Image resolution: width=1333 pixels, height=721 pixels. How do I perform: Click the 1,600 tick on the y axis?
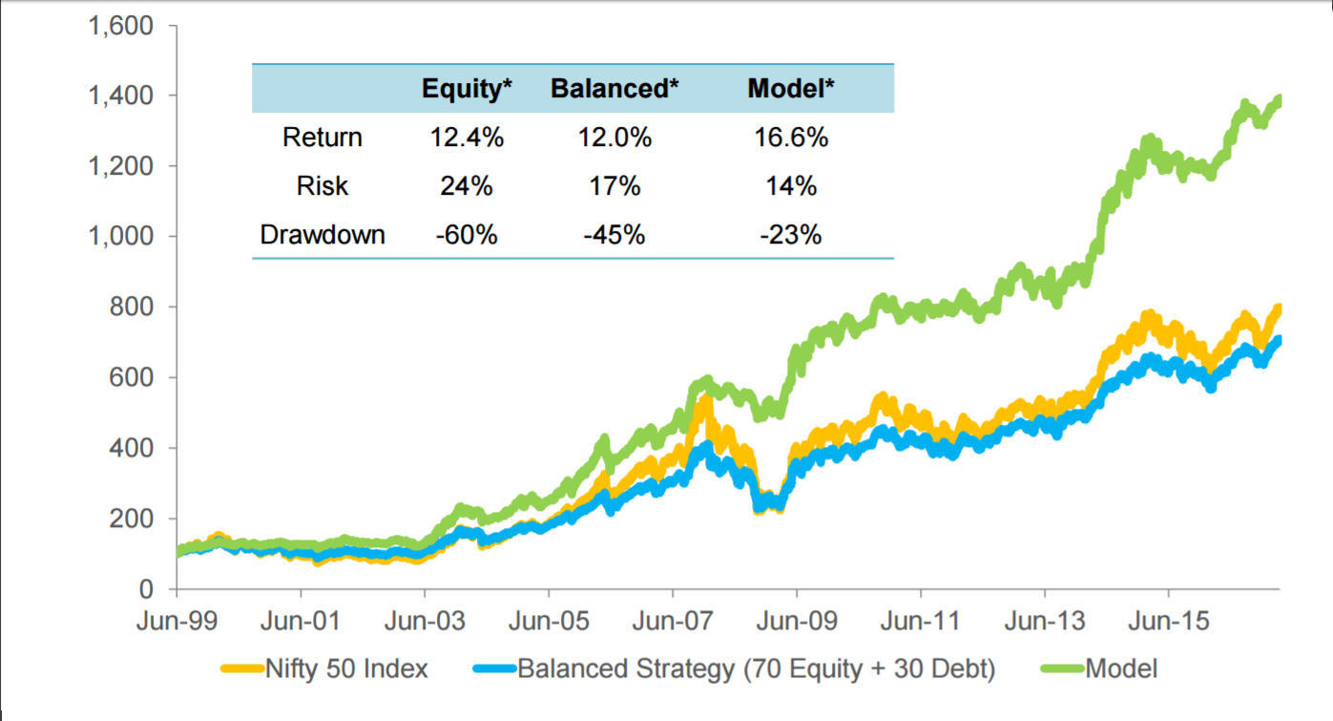pos(121,26)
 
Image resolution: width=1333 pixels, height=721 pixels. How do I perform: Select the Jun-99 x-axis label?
pos(177,623)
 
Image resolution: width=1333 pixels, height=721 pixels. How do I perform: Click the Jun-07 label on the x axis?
pos(673,623)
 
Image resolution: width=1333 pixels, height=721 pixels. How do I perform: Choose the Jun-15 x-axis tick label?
pos(1169,623)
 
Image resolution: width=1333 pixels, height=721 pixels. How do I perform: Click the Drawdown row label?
pos(323,235)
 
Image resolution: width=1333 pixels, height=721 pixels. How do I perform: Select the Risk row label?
pos(323,186)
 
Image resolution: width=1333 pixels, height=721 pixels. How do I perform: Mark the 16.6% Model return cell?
pos(790,138)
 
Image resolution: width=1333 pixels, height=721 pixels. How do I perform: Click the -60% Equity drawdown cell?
pos(467,235)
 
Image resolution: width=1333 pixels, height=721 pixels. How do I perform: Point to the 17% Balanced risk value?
pos(614,186)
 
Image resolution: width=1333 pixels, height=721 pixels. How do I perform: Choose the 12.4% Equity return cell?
pos(467,138)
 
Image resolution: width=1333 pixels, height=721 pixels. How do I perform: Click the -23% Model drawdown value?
pos(790,235)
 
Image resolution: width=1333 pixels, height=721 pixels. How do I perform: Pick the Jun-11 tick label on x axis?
pos(921,623)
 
